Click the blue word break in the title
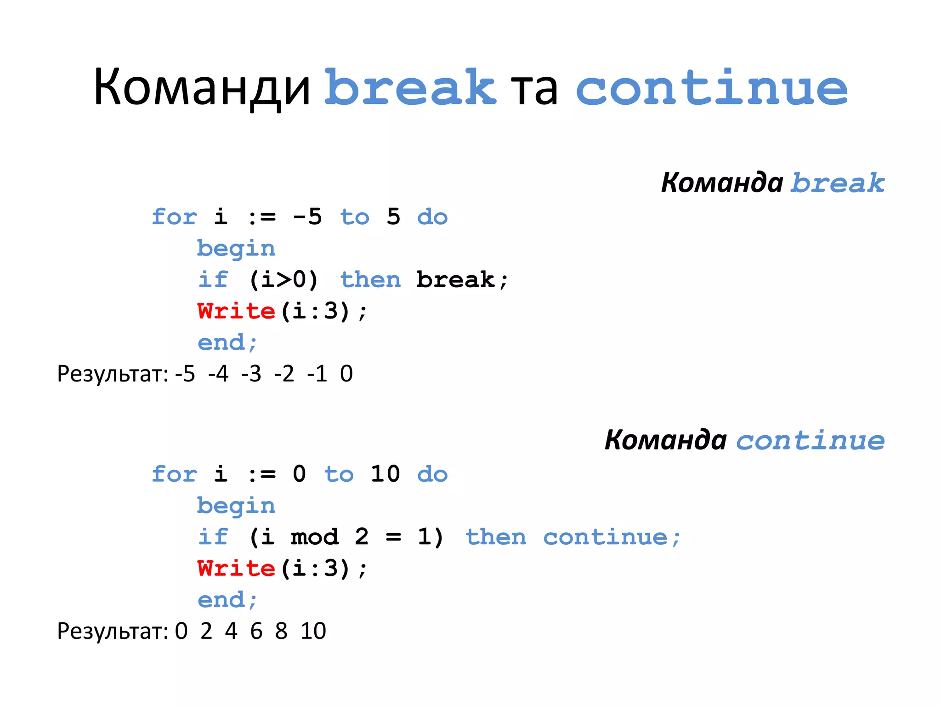pos(410,87)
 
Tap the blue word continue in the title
pos(711,87)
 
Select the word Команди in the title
pos(202,87)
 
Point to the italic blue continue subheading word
pos(810,440)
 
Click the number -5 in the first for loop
pos(307,216)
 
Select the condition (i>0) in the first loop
pos(283,279)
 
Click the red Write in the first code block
pos(236,311)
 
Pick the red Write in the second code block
pos(236,569)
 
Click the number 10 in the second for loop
pos(385,474)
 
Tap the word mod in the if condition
pos(315,537)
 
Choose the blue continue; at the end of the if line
pos(612,537)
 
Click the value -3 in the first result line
pos(251,374)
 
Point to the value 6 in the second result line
pos(256,631)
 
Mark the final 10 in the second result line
pos(313,631)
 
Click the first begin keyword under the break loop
pos(236,249)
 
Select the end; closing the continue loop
pos(227,600)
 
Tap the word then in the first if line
pos(370,279)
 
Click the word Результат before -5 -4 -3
pos(113,374)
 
